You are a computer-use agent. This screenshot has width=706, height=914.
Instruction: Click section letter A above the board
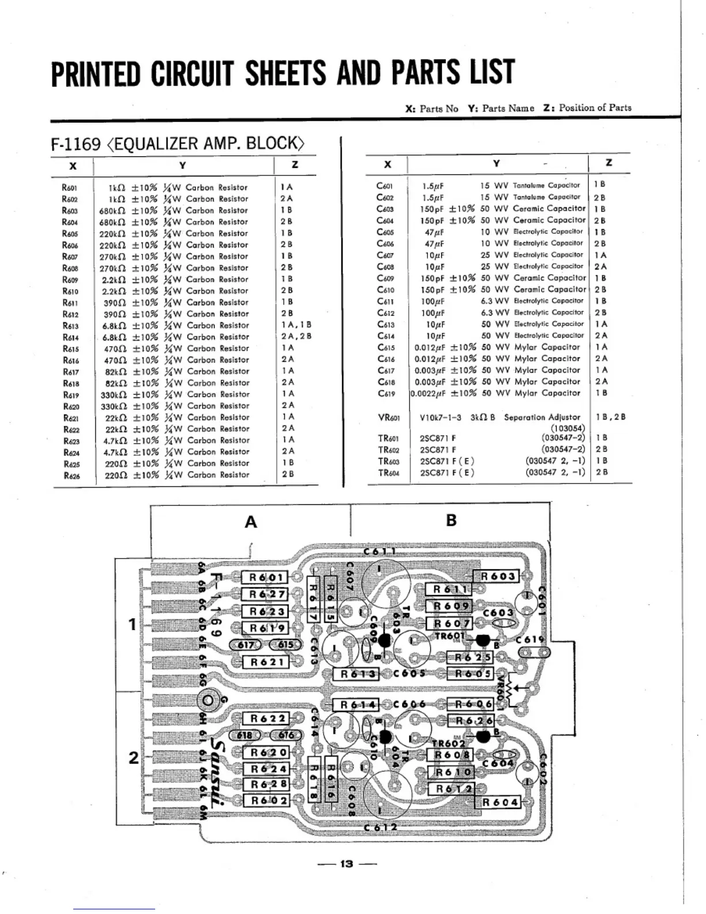(251, 522)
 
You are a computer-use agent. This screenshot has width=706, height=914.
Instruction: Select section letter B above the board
(451, 520)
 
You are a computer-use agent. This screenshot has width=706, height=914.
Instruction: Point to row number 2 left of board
(133, 757)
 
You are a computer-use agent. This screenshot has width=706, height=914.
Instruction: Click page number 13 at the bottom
(347, 864)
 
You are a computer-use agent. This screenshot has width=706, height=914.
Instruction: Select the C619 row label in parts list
(385, 394)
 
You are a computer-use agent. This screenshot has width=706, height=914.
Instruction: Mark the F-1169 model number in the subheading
(76, 144)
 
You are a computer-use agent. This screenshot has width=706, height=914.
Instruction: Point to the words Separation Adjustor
(542, 417)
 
